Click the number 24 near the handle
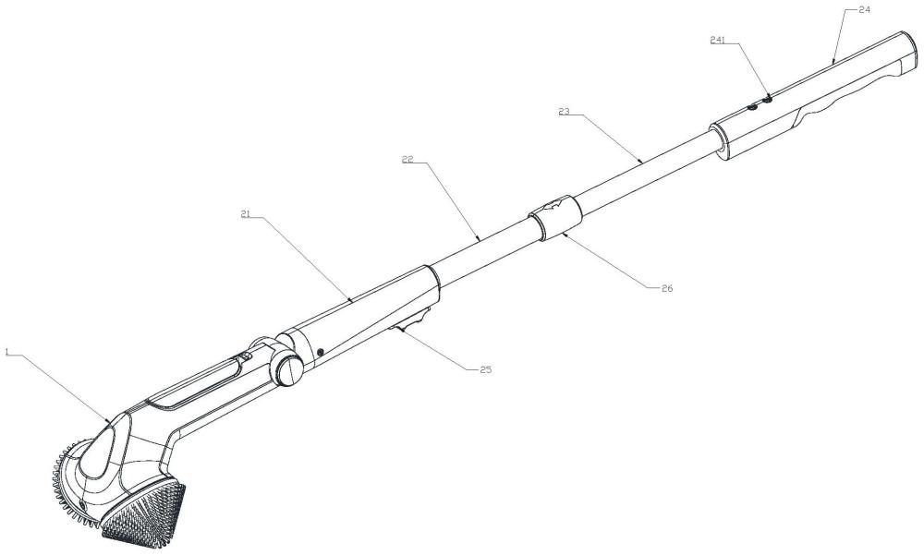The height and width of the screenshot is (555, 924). point(864,8)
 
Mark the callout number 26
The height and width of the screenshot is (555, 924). point(666,288)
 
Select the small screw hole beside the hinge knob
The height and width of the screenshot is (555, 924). point(320,352)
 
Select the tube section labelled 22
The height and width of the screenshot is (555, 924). point(480,244)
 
